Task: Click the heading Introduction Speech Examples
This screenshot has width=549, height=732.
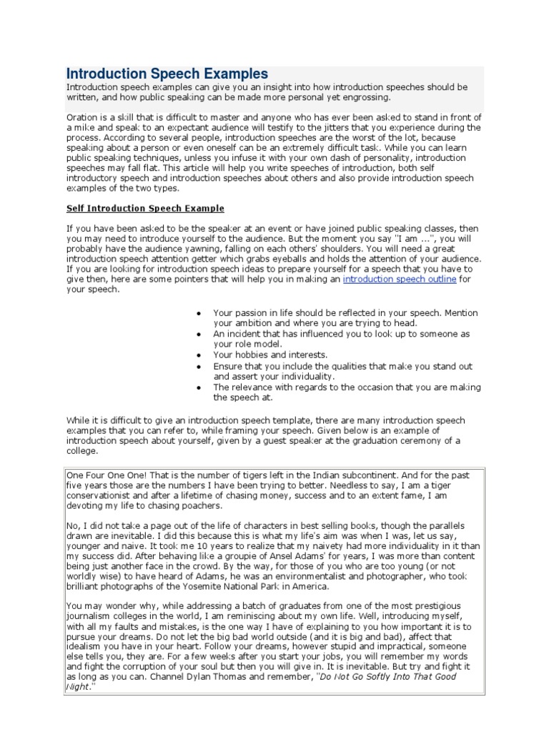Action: [167, 74]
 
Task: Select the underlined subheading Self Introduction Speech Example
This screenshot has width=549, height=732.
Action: [145, 209]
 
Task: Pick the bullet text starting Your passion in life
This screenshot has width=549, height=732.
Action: [345, 313]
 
